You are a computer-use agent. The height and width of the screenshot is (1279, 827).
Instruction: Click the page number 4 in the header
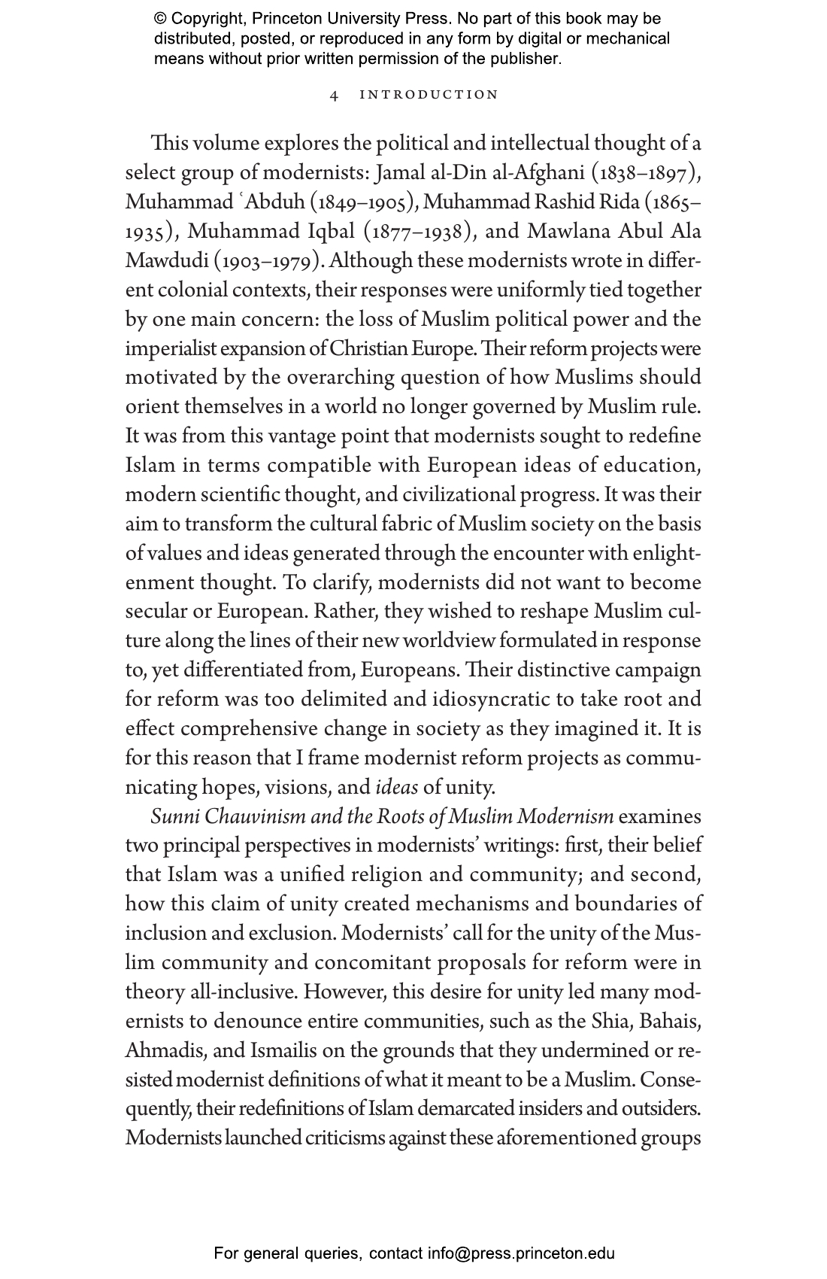pyautogui.click(x=335, y=96)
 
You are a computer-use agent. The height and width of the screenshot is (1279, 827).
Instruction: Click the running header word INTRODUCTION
pyautogui.click(x=429, y=95)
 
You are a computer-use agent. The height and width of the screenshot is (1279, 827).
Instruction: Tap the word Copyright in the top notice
pyautogui.click(x=208, y=19)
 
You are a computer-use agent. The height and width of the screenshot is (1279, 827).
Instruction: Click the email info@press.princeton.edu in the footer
pyautogui.click(x=521, y=1253)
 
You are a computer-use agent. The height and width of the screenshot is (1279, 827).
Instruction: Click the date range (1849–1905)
pyautogui.click(x=365, y=202)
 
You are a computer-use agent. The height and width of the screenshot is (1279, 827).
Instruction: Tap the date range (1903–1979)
pyautogui.click(x=269, y=261)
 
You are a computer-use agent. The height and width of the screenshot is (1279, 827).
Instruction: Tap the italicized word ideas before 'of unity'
pyautogui.click(x=396, y=788)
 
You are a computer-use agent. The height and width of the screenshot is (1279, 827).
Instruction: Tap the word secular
pyautogui.click(x=156, y=612)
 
